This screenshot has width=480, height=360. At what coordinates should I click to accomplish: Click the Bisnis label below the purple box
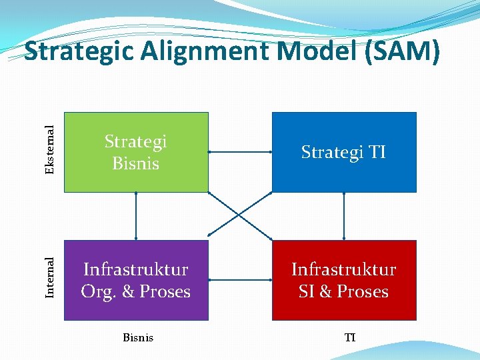(138, 337)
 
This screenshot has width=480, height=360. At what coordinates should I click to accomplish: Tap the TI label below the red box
(350, 337)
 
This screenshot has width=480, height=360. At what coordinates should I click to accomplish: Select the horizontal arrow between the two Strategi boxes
(240, 153)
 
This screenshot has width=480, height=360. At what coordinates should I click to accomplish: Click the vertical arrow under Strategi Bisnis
(136, 216)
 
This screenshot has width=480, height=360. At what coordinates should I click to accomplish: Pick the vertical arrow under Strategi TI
(344, 216)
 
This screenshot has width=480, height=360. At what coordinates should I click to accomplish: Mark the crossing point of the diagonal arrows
(240, 215)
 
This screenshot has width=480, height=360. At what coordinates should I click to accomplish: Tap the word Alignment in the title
(211, 51)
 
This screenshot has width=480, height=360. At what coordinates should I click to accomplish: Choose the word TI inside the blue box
(376, 153)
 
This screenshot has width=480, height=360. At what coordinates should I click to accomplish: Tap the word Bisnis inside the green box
(136, 163)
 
